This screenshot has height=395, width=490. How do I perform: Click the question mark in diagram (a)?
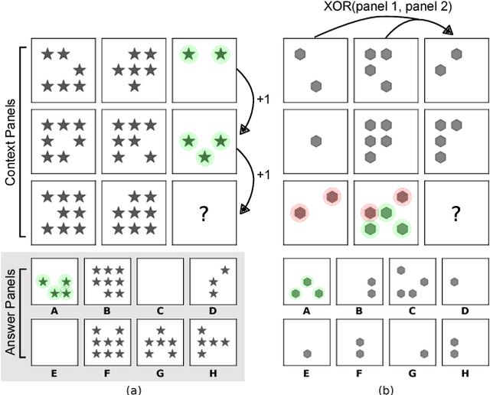click(x=204, y=214)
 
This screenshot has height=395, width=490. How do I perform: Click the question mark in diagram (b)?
click(x=456, y=214)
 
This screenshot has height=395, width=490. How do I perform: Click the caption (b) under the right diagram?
click(x=385, y=389)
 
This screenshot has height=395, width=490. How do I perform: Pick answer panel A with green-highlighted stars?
click(x=54, y=280)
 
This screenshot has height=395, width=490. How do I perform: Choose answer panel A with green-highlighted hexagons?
click(x=305, y=280)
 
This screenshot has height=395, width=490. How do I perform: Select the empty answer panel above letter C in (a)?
click(x=160, y=280)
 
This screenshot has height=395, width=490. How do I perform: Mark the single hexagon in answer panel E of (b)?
click(x=307, y=354)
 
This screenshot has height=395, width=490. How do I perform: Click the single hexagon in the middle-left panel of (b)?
click(x=315, y=141)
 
